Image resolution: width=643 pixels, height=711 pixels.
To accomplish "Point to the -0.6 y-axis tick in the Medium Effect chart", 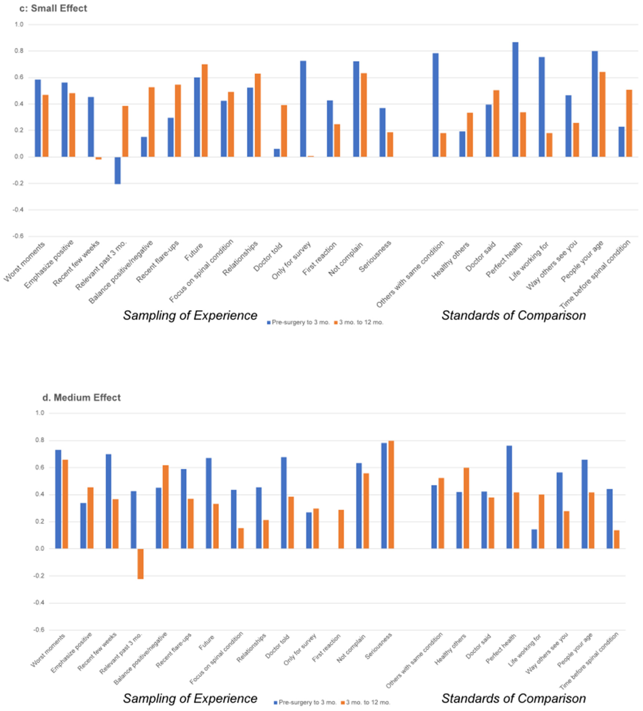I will [39, 630].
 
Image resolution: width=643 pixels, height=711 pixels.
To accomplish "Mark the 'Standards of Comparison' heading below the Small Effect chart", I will [514, 315].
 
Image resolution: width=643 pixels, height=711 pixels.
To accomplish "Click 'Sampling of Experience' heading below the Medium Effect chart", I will [190, 698].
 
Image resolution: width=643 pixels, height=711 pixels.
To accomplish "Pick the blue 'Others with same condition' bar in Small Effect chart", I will [436, 105].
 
